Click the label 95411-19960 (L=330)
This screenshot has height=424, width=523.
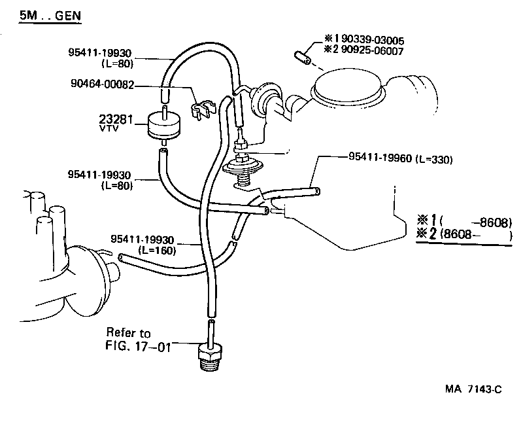[401, 158]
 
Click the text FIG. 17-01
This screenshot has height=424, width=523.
[138, 346]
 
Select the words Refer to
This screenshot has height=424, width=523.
[127, 333]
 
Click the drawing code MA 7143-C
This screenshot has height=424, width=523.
[473, 389]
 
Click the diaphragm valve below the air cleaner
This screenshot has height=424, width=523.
[243, 168]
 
